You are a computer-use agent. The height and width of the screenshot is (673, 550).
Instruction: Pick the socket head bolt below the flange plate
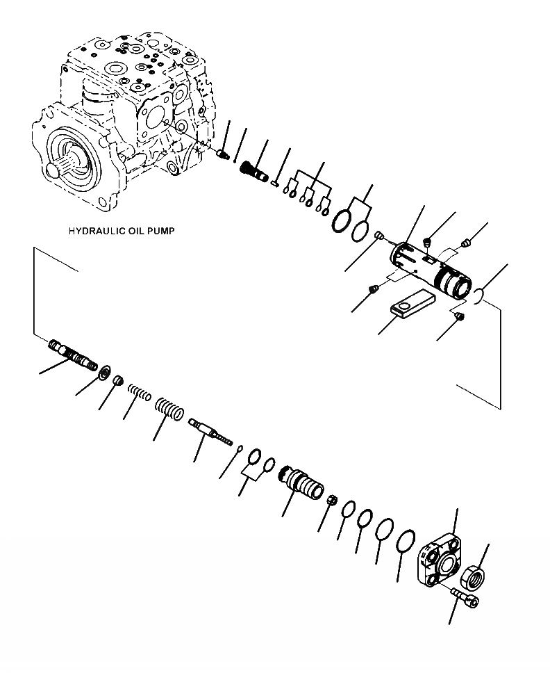[465, 598]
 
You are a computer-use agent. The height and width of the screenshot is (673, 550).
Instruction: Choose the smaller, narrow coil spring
[139, 397]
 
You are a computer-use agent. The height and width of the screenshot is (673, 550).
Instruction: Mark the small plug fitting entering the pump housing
[224, 155]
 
